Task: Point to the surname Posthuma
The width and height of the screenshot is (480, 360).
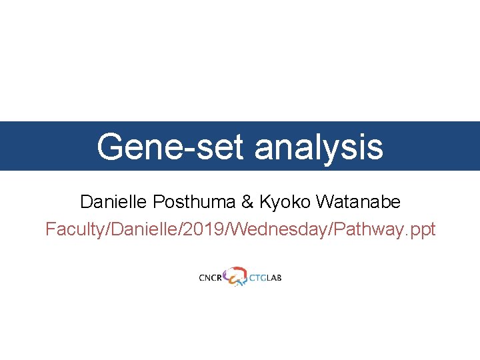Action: (187, 201)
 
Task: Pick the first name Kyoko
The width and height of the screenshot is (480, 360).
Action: (284, 201)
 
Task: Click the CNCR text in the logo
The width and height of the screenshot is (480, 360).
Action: (210, 277)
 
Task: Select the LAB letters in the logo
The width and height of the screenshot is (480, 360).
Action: (274, 277)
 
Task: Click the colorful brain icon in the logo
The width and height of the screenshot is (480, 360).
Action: (235, 276)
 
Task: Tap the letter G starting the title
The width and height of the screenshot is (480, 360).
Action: (109, 147)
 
